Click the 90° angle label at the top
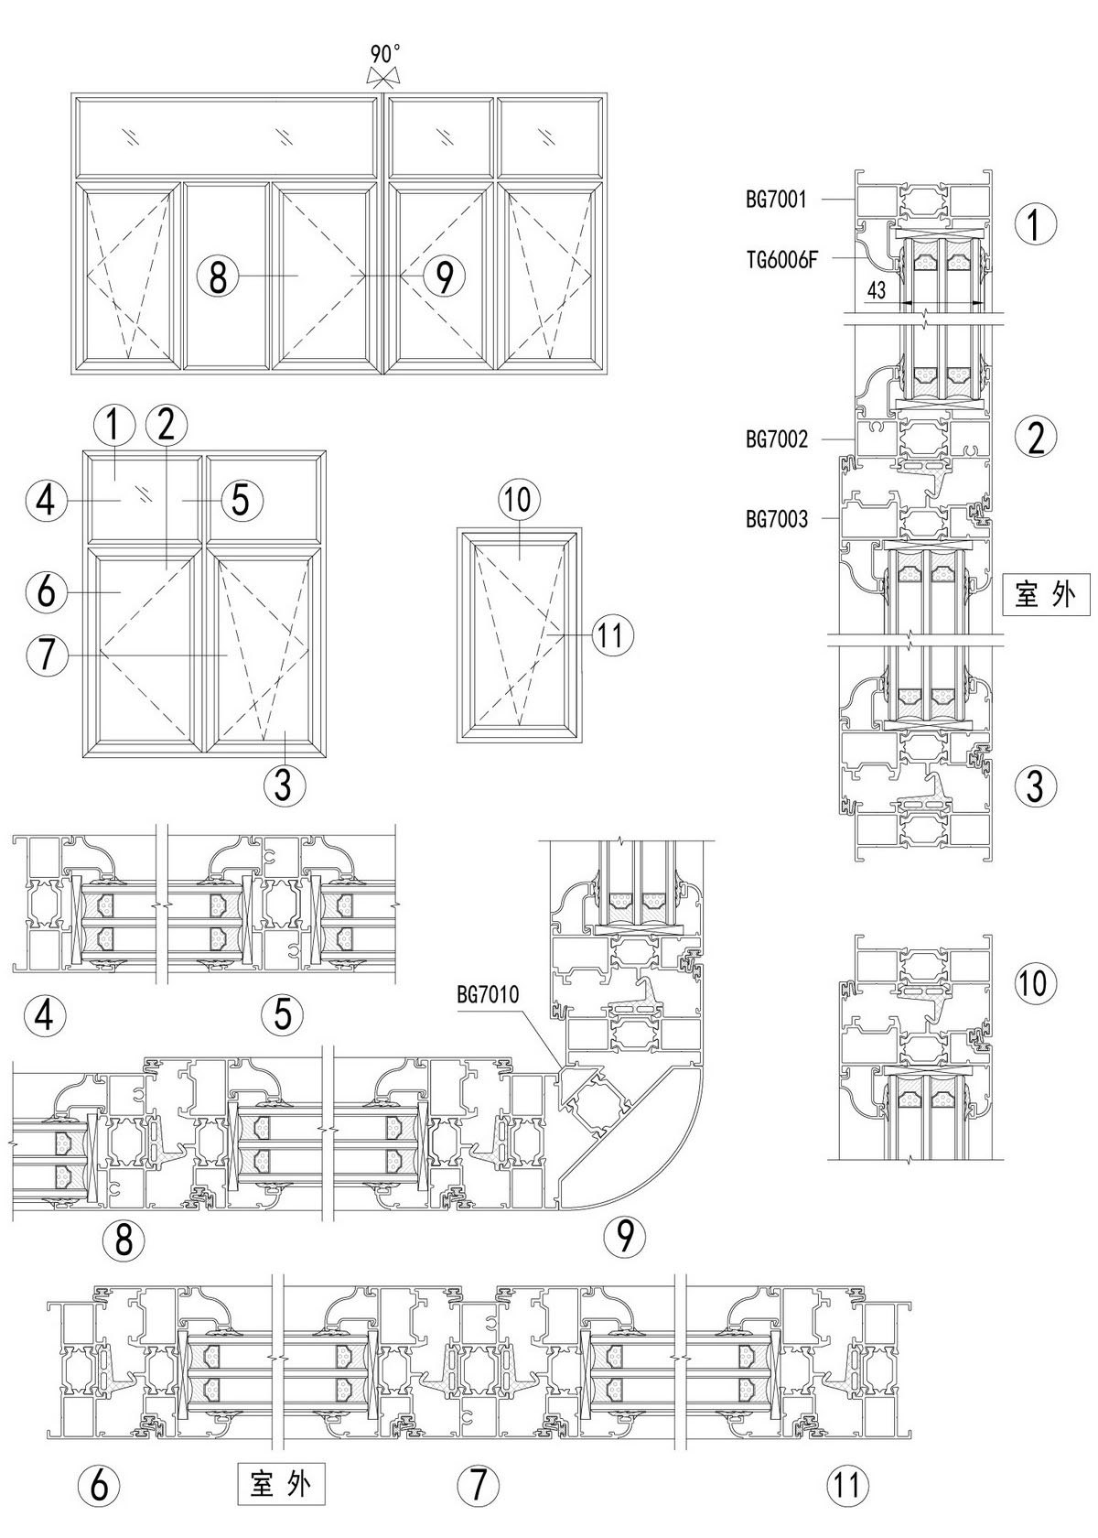384,53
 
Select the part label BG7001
776,199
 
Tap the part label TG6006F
780,259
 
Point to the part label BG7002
777,439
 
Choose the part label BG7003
777,519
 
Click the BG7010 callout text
489,995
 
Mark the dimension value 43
876,291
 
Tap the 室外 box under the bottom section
281,1482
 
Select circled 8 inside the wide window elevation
218,276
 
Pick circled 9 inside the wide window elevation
444,276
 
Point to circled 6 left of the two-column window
46,591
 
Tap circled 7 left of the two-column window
46,655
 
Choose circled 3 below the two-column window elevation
284,784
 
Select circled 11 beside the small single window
612,634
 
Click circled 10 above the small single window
519,499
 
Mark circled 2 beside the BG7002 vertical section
1036,438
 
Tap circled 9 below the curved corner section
625,1236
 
